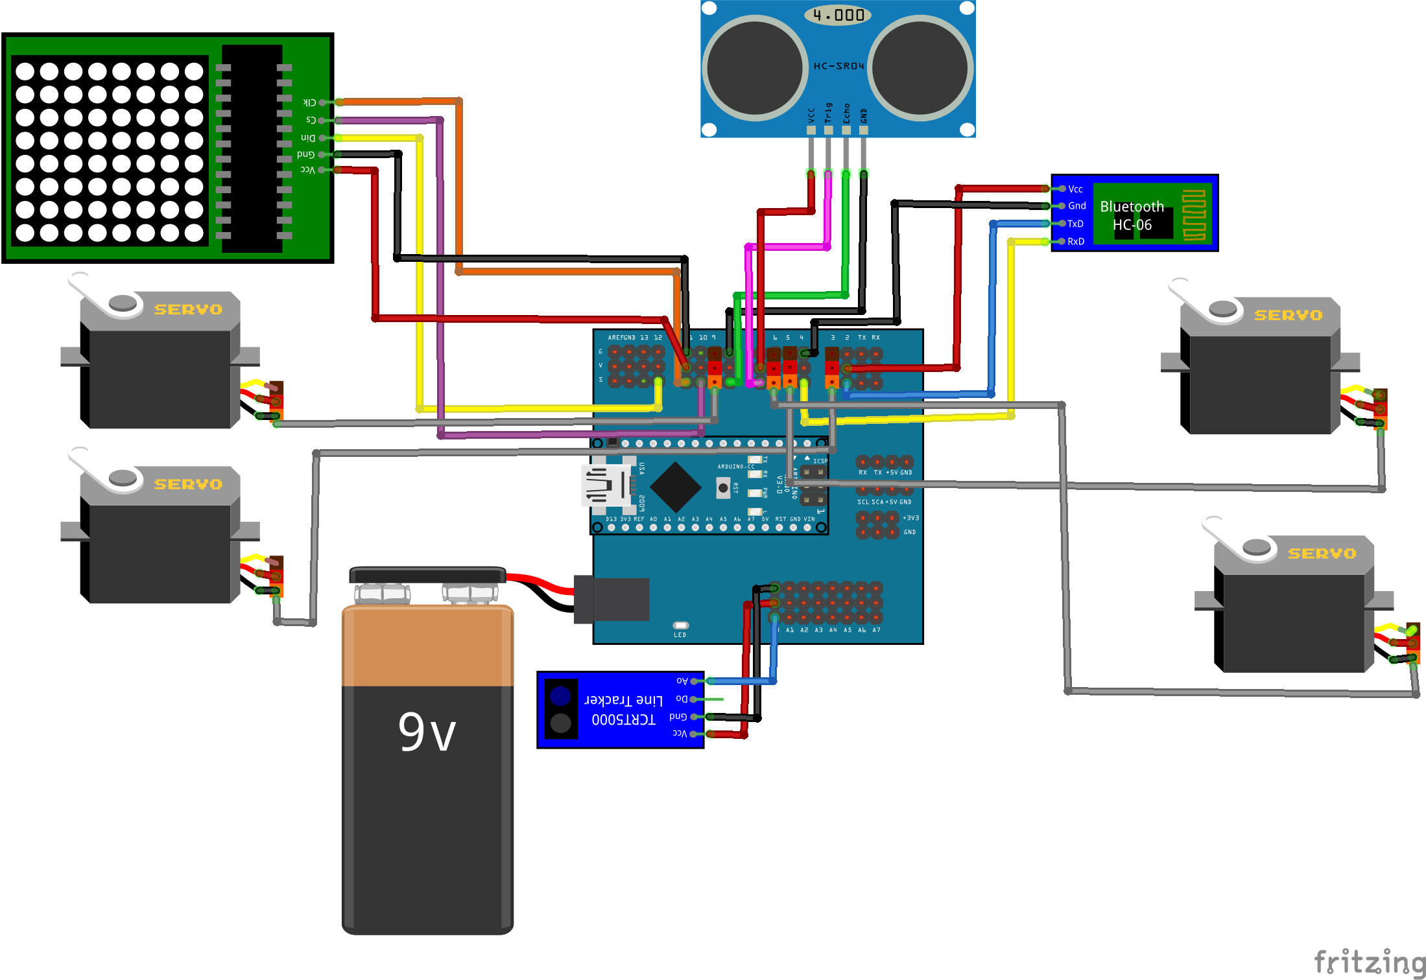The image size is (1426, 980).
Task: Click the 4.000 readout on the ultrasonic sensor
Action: coord(838,15)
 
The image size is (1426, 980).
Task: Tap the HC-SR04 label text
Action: coord(838,66)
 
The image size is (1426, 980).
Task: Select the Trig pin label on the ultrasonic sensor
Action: coord(828,113)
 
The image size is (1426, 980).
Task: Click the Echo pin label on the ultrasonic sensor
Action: coord(846,113)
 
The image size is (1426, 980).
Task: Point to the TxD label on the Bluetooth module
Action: coord(1075,224)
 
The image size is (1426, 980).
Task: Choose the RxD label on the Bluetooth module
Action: coord(1076,241)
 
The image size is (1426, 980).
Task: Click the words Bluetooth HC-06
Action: coord(1132,216)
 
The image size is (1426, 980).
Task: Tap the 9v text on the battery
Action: coord(427,732)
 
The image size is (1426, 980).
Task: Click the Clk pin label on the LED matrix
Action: coord(309,102)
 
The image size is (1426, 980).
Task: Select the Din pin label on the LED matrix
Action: coord(308,137)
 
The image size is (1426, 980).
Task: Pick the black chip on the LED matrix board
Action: coord(252,148)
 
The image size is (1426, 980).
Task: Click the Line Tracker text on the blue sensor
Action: coord(623,700)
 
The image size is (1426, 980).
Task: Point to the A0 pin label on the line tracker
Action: coord(682,681)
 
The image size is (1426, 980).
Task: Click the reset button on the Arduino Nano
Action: coord(723,487)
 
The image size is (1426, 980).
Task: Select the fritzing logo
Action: coord(1368,962)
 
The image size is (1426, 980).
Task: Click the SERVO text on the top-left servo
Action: coord(188,310)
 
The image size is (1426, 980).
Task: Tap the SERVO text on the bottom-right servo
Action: coord(1322,554)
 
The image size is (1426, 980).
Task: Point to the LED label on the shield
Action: coord(680,635)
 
